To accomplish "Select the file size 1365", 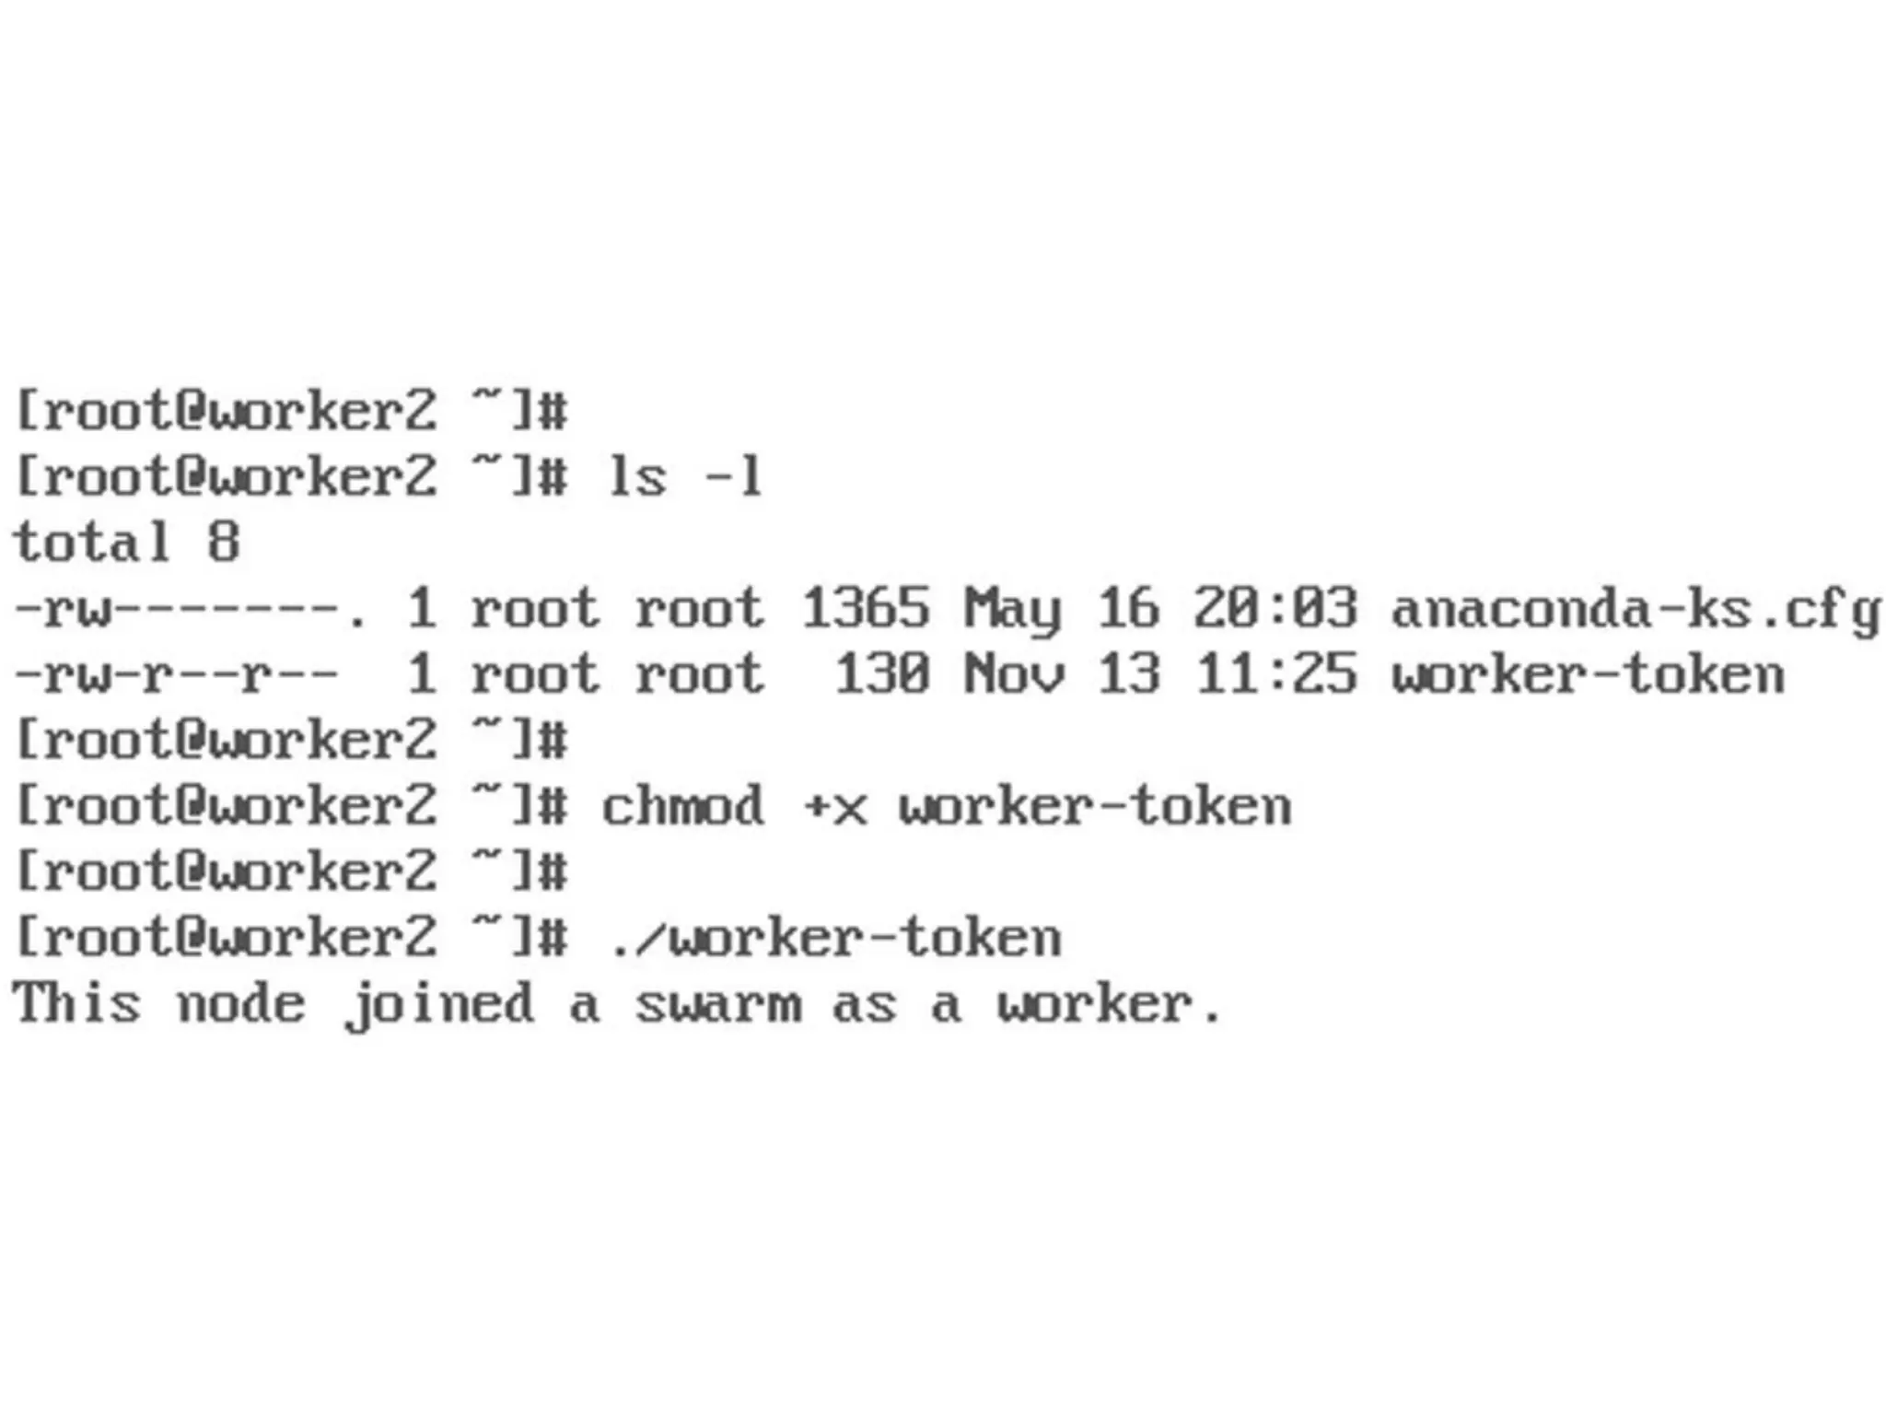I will (x=865, y=609).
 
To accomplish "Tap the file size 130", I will (x=881, y=674).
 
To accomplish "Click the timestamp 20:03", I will (x=1275, y=609).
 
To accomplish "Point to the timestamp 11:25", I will (x=1275, y=674).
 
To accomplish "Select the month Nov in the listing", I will (x=1014, y=674).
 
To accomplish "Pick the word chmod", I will (x=682, y=807).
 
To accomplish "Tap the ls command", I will (x=636, y=477).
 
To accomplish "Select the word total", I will (x=92, y=542).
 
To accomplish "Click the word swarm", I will (x=717, y=1004).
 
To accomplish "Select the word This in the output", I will (x=77, y=1003).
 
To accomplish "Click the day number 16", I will (x=1128, y=609).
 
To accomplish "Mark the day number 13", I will (x=1128, y=674).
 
